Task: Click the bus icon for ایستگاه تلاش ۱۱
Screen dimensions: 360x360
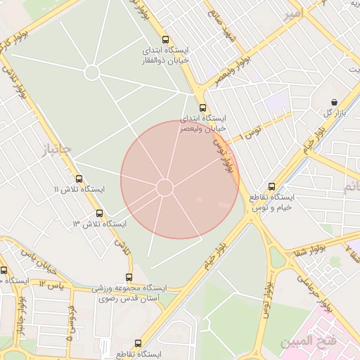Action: pos(79,179)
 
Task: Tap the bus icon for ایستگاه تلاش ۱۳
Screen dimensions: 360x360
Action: pos(98,212)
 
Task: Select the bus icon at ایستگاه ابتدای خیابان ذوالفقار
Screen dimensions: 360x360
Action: pos(165,40)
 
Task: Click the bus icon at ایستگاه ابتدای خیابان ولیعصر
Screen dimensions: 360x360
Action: pos(203,108)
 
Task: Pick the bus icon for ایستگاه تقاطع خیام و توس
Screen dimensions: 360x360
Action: pos(272,186)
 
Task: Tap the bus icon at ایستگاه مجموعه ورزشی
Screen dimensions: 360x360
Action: pos(129,277)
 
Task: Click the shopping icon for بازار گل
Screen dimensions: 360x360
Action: pos(333,102)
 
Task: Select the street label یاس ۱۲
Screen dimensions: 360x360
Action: pos(51,283)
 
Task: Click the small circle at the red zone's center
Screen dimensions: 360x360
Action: pos(165,188)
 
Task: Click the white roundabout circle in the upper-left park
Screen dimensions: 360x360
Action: pos(92,72)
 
